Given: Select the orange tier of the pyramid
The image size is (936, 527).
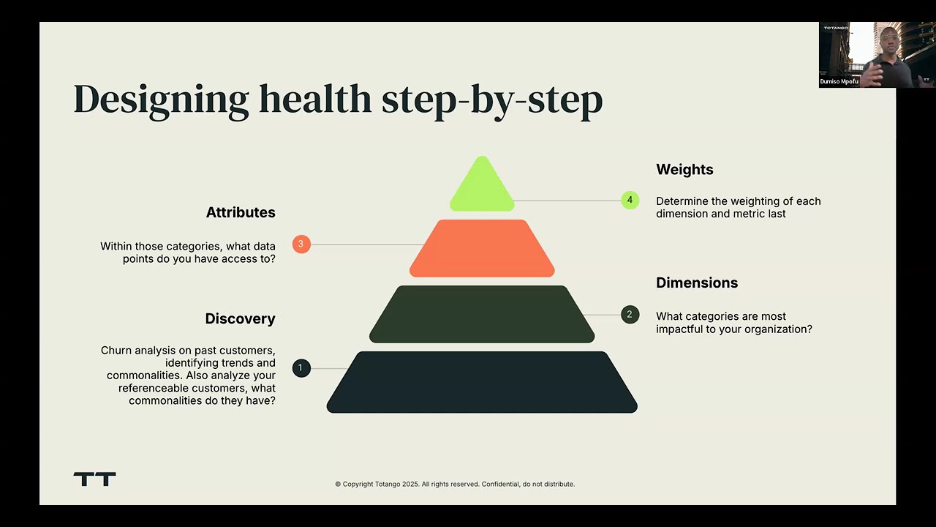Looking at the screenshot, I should point(482,248).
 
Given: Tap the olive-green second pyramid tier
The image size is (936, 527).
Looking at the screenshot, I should point(482,314).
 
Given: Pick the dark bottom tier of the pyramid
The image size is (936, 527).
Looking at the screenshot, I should point(482,382).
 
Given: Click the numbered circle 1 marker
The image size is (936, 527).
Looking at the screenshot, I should point(301,368).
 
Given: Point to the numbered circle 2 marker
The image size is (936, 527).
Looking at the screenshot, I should point(630,315).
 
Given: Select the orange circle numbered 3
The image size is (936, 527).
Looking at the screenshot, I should point(301,244).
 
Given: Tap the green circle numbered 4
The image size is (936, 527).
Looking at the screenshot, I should point(630,200).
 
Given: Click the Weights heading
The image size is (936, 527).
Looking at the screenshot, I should point(684,169).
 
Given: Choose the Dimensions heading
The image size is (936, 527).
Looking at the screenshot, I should point(697,283).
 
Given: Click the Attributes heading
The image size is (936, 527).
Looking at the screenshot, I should point(241,212).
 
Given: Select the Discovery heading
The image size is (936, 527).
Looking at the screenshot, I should point(240,318).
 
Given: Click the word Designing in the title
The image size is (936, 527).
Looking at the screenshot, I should point(161,100).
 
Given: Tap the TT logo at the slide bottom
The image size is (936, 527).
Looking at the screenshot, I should point(94,479).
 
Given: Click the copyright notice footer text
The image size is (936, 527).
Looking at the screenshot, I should point(455,484).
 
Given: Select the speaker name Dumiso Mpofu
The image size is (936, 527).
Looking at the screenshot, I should point(839,81).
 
